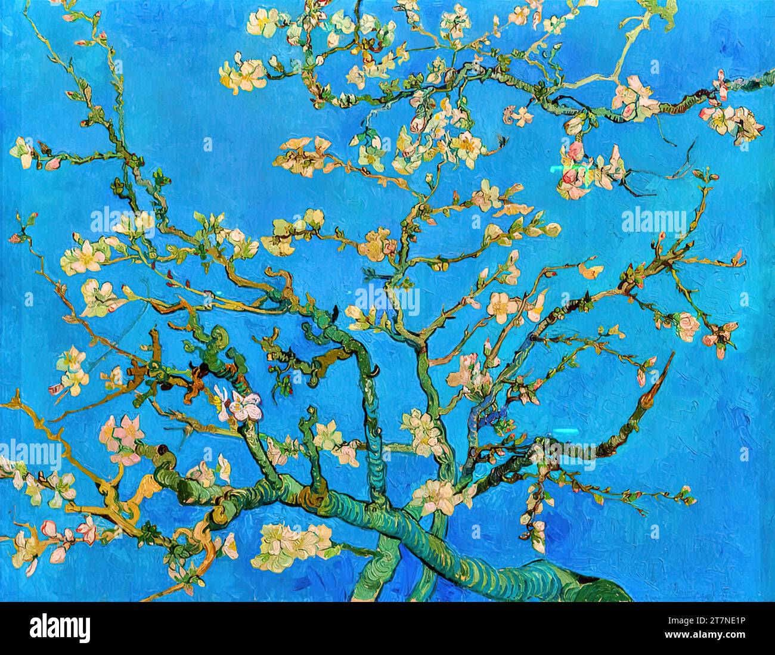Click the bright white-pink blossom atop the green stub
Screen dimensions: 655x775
click(x=238, y=406)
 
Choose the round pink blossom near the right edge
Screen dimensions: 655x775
click(x=687, y=325)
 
